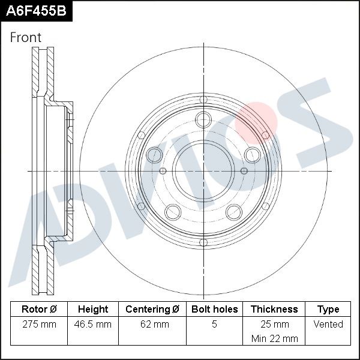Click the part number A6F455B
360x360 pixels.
36,11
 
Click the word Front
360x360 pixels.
25,37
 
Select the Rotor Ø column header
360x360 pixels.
39,309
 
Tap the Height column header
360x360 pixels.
93,309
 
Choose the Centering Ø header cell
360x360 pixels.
152,309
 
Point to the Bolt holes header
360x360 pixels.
214,309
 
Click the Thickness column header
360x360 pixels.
274,309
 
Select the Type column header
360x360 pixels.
328,310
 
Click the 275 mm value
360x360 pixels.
39,325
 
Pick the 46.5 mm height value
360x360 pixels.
93,325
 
